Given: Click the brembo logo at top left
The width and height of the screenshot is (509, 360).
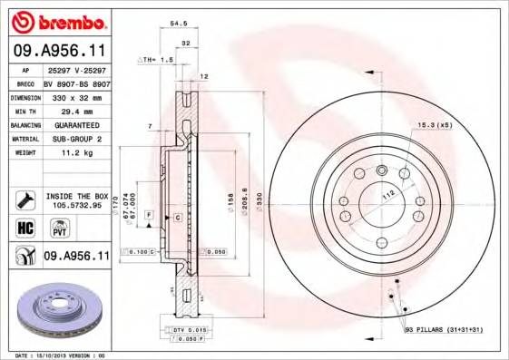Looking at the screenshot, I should tap(57, 20).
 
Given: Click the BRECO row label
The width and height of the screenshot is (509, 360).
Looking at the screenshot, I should tap(27, 82).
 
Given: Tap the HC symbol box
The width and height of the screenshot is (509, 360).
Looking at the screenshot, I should tap(24, 228).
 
